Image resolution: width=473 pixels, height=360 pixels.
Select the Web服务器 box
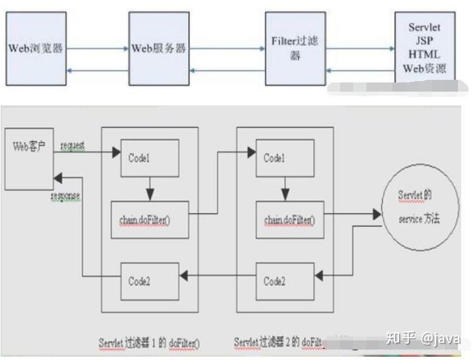[x=159, y=48]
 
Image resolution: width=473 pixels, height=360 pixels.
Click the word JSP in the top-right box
[x=425, y=41]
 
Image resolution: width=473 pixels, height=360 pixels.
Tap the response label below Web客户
[x=66, y=195]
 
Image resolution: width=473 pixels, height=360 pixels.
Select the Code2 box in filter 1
[x=149, y=281]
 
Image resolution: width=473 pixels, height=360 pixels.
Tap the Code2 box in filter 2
[x=284, y=281]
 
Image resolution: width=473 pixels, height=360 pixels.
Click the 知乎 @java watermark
[x=423, y=338]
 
